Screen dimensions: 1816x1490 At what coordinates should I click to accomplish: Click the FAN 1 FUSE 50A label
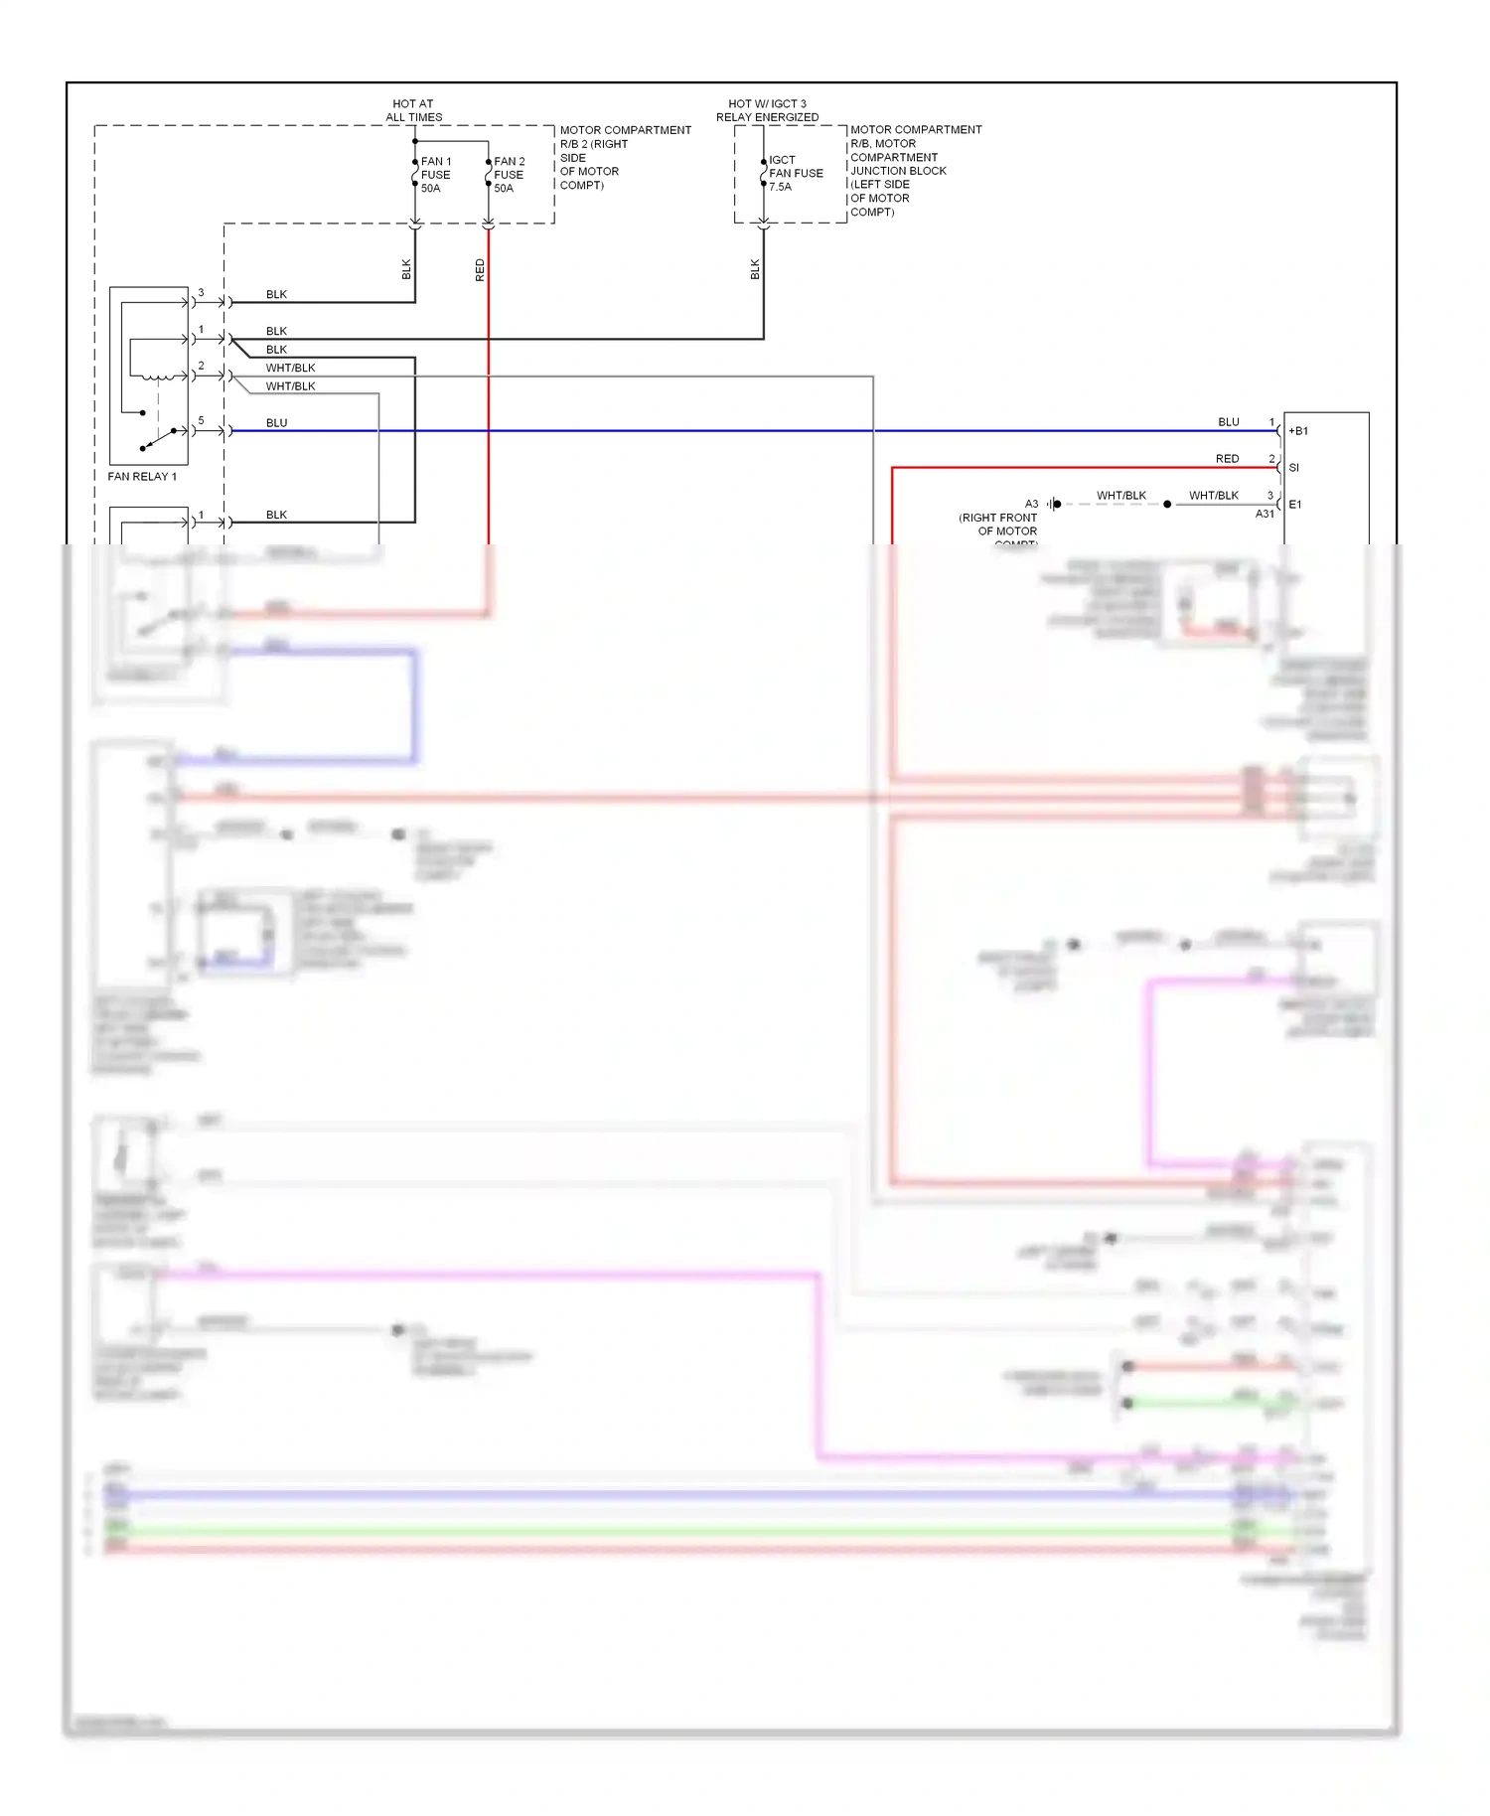click(x=435, y=175)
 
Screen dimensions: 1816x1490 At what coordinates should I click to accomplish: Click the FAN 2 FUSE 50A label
click(x=509, y=175)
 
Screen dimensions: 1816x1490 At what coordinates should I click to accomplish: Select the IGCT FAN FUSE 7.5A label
click(x=795, y=173)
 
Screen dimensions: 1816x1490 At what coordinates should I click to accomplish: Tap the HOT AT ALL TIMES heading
click(x=413, y=110)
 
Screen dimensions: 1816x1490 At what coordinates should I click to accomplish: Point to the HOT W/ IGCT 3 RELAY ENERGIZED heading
click(x=767, y=110)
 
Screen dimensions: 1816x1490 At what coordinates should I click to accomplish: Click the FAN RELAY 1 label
click(x=142, y=477)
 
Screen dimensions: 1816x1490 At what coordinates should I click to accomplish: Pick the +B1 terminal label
click(x=1298, y=431)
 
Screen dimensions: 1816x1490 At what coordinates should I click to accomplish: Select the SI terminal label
click(x=1293, y=468)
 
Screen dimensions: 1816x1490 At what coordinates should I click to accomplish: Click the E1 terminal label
click(x=1295, y=505)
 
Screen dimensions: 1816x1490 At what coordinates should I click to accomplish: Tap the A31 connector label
click(x=1265, y=514)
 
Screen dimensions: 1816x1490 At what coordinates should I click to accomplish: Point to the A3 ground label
click(x=1031, y=504)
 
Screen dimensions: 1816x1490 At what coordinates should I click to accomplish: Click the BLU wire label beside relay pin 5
click(x=276, y=423)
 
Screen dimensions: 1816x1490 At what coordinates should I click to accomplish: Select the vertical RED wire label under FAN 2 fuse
click(x=480, y=270)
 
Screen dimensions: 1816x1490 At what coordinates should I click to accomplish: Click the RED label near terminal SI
click(x=1227, y=459)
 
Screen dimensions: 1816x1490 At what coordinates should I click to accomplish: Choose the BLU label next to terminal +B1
click(x=1229, y=422)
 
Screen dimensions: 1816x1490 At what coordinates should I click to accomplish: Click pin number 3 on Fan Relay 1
click(x=201, y=293)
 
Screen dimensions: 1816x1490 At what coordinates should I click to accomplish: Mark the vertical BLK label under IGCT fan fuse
click(x=755, y=269)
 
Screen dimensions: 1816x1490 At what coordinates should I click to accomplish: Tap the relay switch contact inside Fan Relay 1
click(x=159, y=437)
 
